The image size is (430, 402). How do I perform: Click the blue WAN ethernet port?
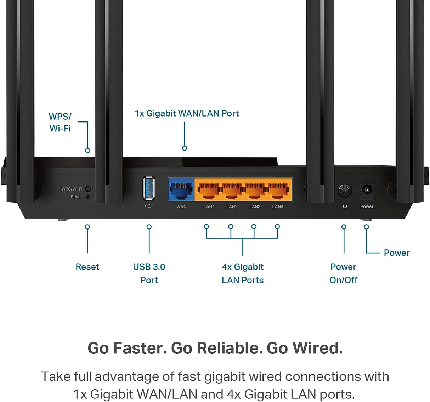point(181,190)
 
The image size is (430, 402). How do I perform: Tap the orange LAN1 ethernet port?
point(209,190)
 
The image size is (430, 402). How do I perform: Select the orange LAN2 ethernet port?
point(232,190)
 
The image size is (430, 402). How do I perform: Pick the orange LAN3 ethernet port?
point(255,190)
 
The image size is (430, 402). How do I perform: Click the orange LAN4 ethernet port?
point(278,190)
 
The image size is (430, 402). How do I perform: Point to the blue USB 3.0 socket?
point(149,188)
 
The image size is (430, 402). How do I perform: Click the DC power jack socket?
point(367,191)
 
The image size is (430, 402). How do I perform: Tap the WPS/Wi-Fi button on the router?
point(88,189)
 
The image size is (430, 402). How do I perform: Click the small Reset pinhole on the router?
point(88,197)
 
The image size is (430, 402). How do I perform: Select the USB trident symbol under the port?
point(148,206)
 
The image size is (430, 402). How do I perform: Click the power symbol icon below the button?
point(345,206)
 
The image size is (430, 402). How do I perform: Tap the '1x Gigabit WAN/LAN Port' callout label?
point(187,113)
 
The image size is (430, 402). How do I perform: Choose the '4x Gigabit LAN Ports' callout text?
point(243,273)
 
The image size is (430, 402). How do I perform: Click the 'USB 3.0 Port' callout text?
point(149,273)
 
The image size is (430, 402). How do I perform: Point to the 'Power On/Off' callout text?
point(343,273)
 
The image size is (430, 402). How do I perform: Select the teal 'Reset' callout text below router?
point(87,267)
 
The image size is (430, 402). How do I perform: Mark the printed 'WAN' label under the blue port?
point(181,206)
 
